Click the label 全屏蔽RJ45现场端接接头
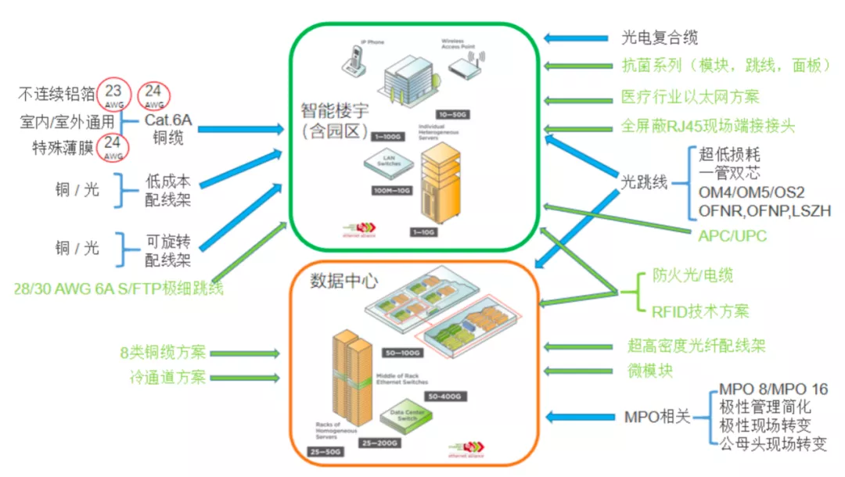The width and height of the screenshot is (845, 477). click(x=707, y=126)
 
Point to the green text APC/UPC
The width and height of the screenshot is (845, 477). click(x=733, y=235)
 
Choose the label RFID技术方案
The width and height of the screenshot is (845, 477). click(x=700, y=311)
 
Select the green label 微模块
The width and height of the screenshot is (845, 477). click(x=649, y=370)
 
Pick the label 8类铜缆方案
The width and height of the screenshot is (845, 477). click(x=163, y=353)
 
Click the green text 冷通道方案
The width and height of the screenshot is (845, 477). click(x=168, y=377)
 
